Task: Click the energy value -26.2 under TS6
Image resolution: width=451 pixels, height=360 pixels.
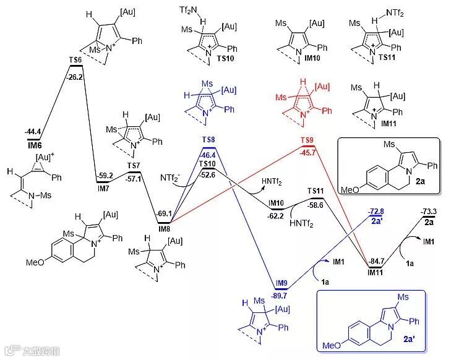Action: (75, 78)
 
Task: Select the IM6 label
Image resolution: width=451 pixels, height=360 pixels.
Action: (33, 144)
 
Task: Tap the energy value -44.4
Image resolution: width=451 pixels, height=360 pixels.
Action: (33, 132)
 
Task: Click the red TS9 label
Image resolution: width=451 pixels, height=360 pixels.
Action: (307, 140)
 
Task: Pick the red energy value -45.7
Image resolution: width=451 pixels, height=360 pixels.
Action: (307, 152)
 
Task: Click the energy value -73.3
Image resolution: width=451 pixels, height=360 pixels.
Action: (427, 211)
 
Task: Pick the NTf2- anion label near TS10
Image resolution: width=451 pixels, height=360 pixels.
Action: (168, 179)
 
